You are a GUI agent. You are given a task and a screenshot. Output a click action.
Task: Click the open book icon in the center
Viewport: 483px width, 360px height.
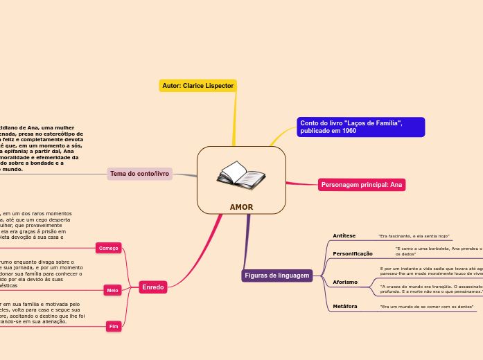click(240, 176)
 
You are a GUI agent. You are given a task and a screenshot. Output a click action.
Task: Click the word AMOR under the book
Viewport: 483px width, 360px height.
click(241, 207)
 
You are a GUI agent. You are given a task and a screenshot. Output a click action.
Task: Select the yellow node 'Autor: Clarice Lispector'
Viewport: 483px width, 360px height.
click(198, 86)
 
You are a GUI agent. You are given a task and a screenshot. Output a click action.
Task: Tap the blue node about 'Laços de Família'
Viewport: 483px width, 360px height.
click(360, 127)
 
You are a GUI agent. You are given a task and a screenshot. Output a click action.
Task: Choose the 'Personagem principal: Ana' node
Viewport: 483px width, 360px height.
click(362, 185)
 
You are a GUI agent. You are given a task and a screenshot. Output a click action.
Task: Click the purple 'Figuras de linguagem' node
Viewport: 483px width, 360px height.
click(276, 276)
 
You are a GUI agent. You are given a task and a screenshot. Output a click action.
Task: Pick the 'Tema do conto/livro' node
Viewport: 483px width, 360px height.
click(139, 174)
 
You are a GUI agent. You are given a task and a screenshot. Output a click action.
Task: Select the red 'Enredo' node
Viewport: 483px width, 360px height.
click(152, 287)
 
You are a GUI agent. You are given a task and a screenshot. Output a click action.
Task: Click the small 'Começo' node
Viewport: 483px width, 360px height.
click(109, 248)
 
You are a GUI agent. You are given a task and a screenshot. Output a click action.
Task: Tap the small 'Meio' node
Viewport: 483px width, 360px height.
click(112, 290)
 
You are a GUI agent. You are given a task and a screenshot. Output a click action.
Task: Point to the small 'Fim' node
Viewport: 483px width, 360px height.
click(114, 325)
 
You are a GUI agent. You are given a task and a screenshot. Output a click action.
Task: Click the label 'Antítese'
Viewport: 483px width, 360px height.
click(344, 236)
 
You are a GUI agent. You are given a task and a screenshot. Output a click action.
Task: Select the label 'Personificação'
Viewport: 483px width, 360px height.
click(353, 254)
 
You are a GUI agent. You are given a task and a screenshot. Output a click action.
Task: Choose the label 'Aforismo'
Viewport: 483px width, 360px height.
click(345, 282)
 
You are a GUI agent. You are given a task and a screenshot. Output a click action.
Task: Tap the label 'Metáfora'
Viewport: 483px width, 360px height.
click(345, 306)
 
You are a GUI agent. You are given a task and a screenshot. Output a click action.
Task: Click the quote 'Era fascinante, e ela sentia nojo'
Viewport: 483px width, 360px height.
click(414, 237)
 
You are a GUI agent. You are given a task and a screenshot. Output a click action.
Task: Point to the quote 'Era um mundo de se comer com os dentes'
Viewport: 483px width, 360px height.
click(427, 306)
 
